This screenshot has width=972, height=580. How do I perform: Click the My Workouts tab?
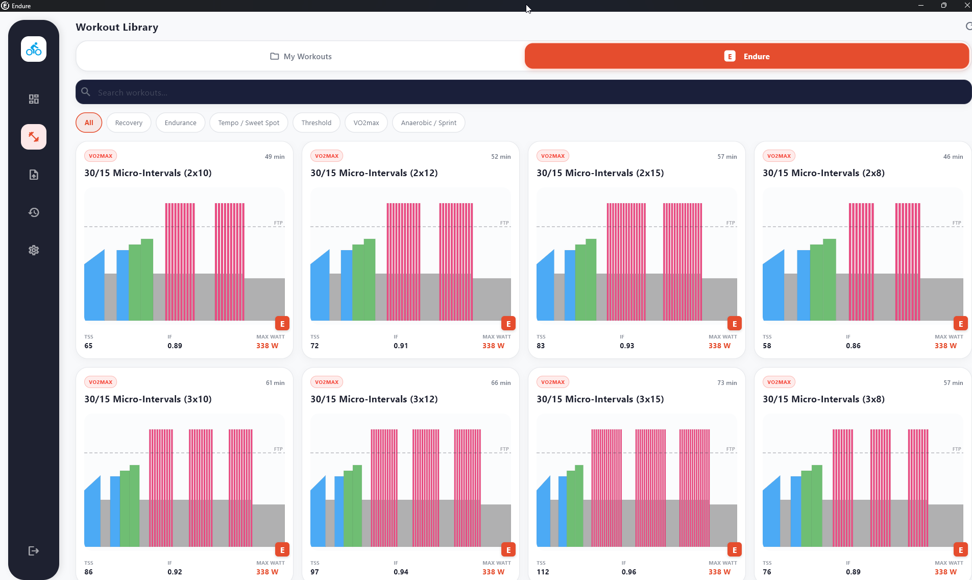pyautogui.click(x=301, y=56)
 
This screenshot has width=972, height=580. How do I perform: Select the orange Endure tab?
pyautogui.click(x=746, y=56)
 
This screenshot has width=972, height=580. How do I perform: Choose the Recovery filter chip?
pyautogui.click(x=129, y=123)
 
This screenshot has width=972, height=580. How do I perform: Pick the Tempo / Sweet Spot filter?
pyautogui.click(x=249, y=123)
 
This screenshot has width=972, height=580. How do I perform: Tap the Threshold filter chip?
pyautogui.click(x=316, y=123)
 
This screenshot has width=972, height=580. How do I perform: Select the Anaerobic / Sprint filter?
pyautogui.click(x=428, y=123)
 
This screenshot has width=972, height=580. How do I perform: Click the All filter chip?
pyautogui.click(x=89, y=123)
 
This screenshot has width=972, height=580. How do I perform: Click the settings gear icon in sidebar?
pyautogui.click(x=34, y=250)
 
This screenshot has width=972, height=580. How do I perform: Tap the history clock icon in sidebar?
pyautogui.click(x=34, y=212)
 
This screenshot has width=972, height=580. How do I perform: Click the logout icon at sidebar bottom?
pyautogui.click(x=34, y=551)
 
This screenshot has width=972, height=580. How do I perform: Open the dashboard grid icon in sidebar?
pyautogui.click(x=34, y=99)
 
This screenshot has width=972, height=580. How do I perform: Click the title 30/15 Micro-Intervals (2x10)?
pyautogui.click(x=148, y=173)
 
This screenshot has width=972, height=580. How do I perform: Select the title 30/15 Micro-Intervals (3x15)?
pyautogui.click(x=600, y=399)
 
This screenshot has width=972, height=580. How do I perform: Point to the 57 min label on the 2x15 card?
pyautogui.click(x=727, y=157)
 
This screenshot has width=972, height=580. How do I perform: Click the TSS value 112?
pyautogui.click(x=543, y=572)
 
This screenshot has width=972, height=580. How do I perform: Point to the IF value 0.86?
pyautogui.click(x=853, y=346)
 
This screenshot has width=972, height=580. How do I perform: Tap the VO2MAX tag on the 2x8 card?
pyautogui.click(x=779, y=156)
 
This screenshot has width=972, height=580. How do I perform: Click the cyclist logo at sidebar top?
pyautogui.click(x=34, y=49)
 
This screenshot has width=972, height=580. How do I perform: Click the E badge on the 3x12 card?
pyautogui.click(x=508, y=550)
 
